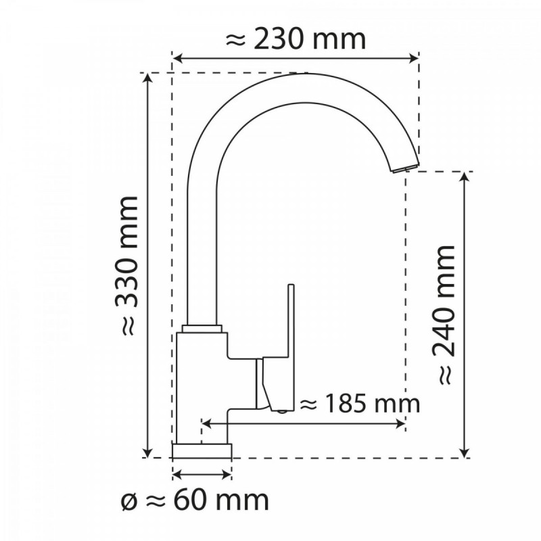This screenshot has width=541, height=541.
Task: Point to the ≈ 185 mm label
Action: coord(359,404)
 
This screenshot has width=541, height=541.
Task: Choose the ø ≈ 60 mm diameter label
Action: coord(194,500)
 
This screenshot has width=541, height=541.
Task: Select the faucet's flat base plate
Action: coord(202,450)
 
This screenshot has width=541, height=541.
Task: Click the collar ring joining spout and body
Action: coord(202,328)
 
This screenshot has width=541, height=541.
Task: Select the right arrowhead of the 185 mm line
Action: coord(400,423)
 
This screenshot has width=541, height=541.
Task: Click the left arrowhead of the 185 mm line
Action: coord(207,423)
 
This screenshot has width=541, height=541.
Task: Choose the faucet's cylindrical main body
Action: coord(201,385)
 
